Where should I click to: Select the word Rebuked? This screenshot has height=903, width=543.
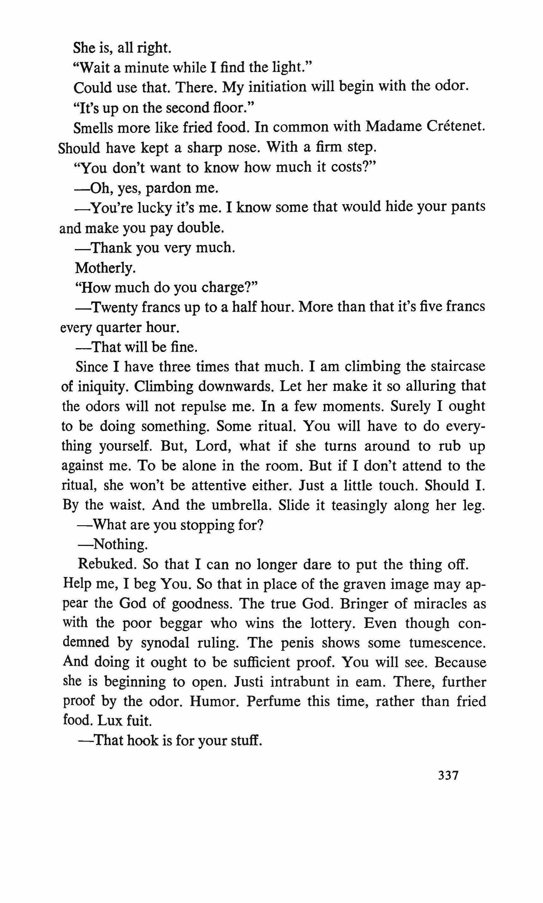[107, 564]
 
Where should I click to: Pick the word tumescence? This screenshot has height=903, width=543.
[447, 643]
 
